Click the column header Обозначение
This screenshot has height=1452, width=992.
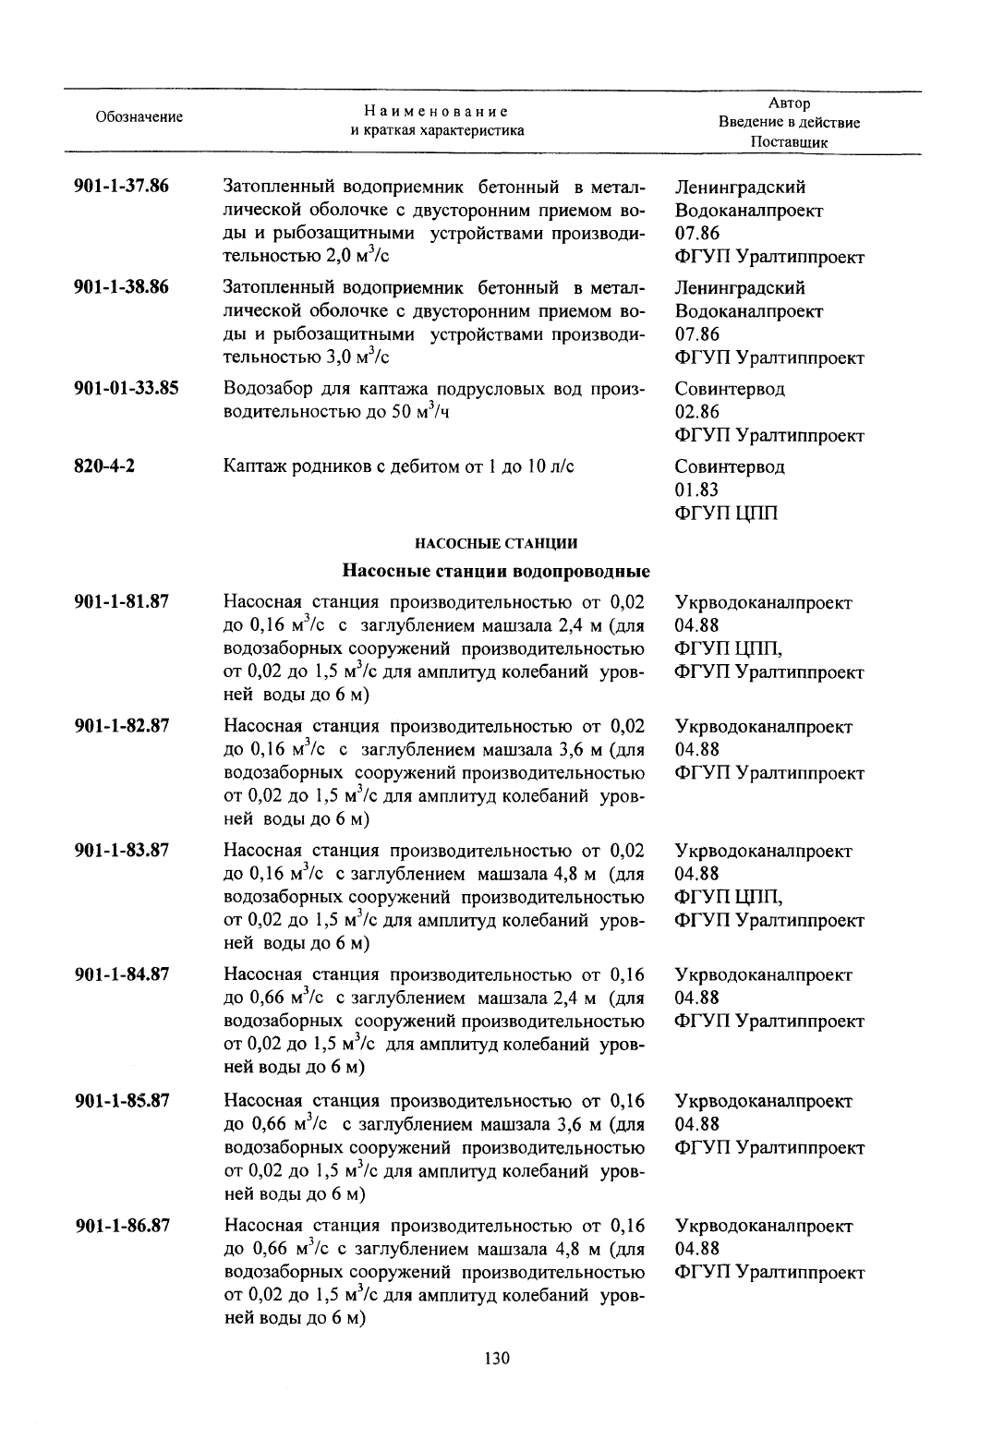[x=139, y=117]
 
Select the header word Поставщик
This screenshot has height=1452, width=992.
[x=789, y=142]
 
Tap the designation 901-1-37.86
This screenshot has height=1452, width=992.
[x=121, y=187]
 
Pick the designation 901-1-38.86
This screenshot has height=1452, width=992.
[x=121, y=287]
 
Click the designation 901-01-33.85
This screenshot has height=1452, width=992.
[x=126, y=388]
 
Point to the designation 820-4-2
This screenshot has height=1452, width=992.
[x=104, y=466]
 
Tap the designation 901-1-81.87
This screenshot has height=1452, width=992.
[x=121, y=601]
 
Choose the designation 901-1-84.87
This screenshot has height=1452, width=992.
[x=121, y=974]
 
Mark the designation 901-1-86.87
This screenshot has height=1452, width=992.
[x=121, y=1226]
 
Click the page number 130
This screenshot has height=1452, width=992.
[x=497, y=1359]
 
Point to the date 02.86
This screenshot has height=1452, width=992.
[x=696, y=412]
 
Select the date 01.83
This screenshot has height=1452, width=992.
[x=696, y=490]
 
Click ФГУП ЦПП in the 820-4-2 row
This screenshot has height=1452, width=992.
[x=726, y=513]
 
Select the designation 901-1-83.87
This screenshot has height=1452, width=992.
[x=121, y=850]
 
